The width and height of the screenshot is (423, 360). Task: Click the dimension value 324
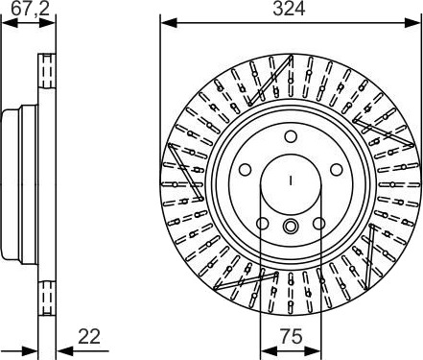click(289, 9)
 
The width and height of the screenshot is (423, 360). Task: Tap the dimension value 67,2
click(31, 9)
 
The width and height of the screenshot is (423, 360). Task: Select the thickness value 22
click(89, 336)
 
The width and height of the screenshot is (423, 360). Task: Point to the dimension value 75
click(292, 336)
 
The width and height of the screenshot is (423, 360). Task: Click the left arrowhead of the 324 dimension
click(168, 23)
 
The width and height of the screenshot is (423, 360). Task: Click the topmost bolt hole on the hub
click(291, 136)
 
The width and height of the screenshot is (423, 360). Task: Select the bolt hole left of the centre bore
click(245, 169)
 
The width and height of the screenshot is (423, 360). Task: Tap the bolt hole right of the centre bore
click(337, 169)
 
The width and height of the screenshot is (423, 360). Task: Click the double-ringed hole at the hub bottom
click(291, 227)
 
